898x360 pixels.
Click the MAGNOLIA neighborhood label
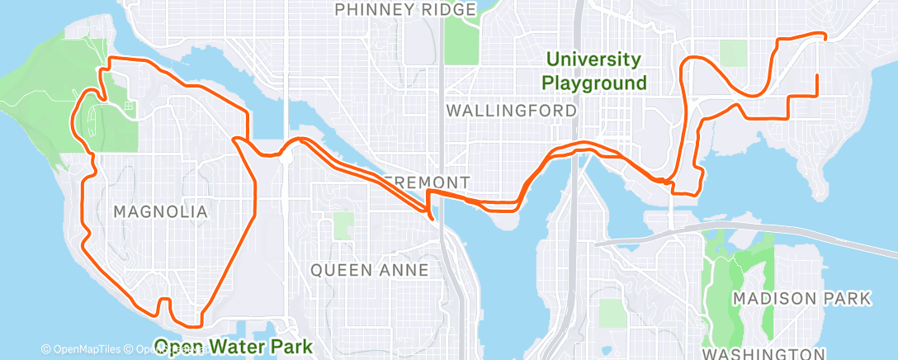(x=160, y=212)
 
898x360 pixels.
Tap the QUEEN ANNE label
(x=369, y=270)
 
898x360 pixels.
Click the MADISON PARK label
(x=801, y=298)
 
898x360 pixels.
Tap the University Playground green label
(x=594, y=71)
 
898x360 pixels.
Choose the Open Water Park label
(x=234, y=347)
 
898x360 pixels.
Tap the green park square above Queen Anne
(x=343, y=225)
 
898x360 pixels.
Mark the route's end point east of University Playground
(x=816, y=76)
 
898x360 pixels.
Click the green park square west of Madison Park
(x=612, y=312)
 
